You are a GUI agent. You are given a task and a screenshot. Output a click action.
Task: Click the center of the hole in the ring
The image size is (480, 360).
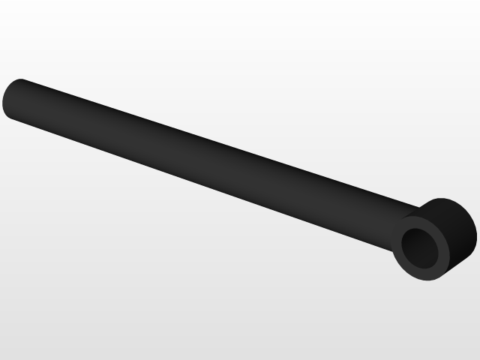coord(421,247)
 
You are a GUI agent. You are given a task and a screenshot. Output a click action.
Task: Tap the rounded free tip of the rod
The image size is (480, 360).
coord(9,99)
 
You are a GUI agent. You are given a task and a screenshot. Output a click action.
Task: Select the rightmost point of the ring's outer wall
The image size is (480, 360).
coord(476,229)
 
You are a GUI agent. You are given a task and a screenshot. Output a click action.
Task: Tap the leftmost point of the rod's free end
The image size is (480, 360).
coord(3,100)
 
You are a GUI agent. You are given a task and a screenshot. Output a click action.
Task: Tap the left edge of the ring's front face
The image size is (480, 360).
coord(393,247)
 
